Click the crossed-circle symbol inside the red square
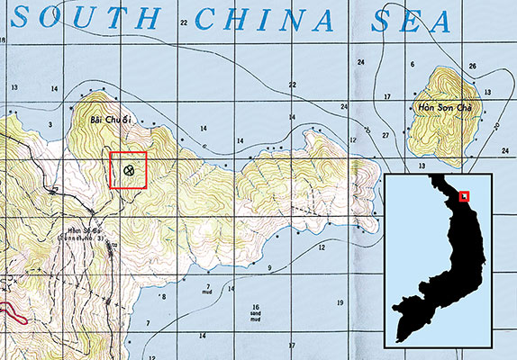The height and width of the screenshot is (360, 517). (129, 168)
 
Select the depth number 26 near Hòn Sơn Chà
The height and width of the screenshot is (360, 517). (472, 67)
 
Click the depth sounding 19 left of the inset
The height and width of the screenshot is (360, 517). (340, 303)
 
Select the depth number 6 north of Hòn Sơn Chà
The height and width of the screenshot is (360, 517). (412, 65)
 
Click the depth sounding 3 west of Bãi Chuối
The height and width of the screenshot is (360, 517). (50, 124)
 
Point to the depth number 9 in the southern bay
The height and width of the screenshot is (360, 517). (268, 268)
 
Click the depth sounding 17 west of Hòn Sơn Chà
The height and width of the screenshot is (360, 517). (387, 96)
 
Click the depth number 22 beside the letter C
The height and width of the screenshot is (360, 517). (183, 23)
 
